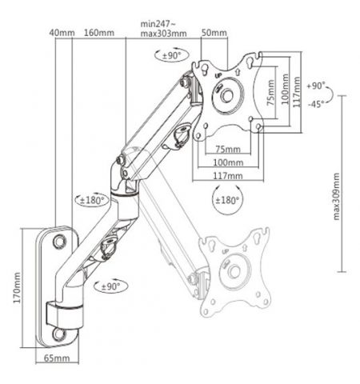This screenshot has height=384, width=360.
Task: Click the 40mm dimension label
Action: (61, 33)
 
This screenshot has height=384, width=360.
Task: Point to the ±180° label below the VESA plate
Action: (230, 200)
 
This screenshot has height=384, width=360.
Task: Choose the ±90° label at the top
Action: (170, 56)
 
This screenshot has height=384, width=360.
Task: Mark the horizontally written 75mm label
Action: (227, 150)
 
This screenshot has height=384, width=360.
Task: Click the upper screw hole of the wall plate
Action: (58, 238)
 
